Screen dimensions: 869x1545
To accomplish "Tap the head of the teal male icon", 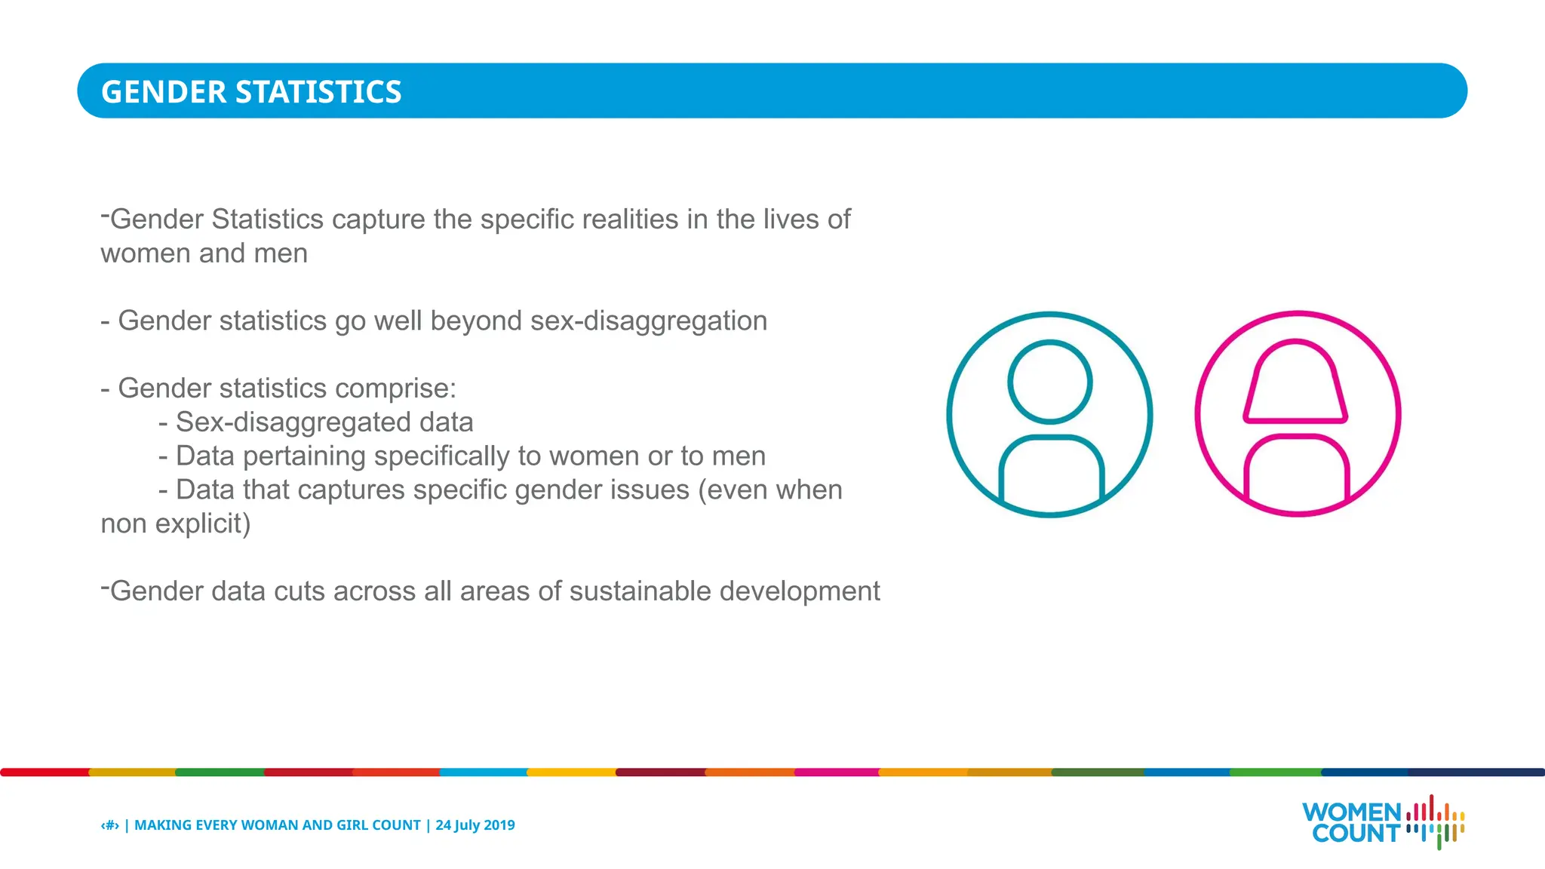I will tap(1049, 382).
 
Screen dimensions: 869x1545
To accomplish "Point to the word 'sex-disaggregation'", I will tap(649, 321).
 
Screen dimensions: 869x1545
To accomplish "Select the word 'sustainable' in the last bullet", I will tap(640, 591).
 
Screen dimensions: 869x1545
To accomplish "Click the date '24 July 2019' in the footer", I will tap(475, 825).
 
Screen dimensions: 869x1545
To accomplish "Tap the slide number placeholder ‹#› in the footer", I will tap(110, 825).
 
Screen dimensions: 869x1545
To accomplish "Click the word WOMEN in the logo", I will tap(1350, 812).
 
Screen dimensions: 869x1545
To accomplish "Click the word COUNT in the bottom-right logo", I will tap(1356, 834).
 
